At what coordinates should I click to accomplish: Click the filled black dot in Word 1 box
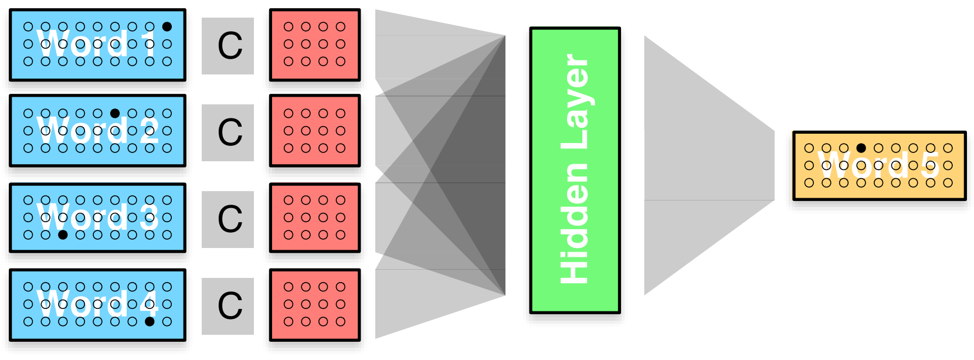(167, 26)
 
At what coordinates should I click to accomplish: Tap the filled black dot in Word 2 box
(115, 113)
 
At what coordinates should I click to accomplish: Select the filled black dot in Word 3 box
(63, 235)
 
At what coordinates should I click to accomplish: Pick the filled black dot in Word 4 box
(150, 321)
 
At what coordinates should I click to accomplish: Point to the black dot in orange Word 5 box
(861, 148)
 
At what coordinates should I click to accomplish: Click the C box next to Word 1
(228, 46)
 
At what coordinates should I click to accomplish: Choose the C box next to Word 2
(228, 133)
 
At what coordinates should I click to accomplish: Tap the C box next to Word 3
(228, 219)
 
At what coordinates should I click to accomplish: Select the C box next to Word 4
(228, 306)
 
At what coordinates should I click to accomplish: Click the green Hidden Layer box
(575, 170)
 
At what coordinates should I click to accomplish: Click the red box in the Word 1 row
(315, 45)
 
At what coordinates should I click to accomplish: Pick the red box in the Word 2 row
(315, 131)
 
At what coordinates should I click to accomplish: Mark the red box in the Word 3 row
(315, 218)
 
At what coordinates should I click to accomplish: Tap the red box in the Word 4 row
(315, 304)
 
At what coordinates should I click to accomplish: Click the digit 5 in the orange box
(930, 165)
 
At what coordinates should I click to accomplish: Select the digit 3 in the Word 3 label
(150, 218)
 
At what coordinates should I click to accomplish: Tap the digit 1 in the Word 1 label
(150, 43)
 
